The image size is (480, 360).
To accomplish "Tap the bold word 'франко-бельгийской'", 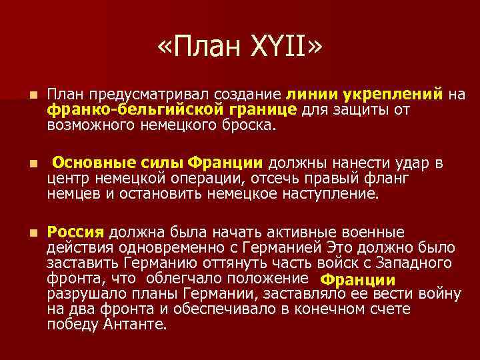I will point(116,109).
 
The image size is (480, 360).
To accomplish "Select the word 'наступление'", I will point(336,195).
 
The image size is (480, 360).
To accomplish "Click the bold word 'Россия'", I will point(76,232).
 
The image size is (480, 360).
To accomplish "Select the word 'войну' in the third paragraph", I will point(437,294).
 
